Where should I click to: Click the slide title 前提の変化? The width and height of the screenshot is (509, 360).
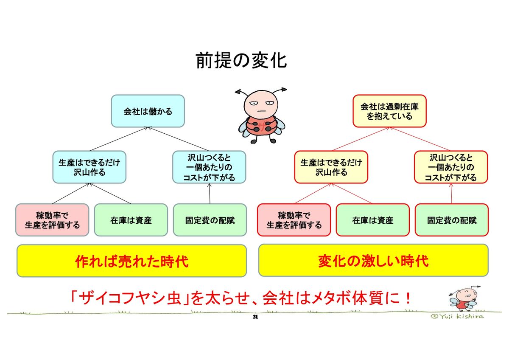[x=241, y=61]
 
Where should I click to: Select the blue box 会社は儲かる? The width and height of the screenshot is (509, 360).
[x=148, y=111]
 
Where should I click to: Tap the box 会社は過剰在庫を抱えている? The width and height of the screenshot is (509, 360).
[x=389, y=111]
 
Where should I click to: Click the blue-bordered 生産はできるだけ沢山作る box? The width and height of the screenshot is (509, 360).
[x=89, y=167]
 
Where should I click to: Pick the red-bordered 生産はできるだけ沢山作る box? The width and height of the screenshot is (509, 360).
[x=331, y=167]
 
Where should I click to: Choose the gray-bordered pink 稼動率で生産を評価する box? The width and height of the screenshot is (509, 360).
[x=52, y=220]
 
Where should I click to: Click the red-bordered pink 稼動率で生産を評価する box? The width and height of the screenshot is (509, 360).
[x=294, y=220]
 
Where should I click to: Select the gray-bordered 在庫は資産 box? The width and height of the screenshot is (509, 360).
[x=131, y=220]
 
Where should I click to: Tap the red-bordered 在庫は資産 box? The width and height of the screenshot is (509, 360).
[x=372, y=220]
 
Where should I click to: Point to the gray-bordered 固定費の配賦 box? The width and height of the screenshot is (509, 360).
[x=210, y=220]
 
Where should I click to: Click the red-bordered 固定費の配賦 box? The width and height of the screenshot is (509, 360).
[x=451, y=220]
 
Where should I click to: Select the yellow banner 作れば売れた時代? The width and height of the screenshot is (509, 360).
[x=131, y=261]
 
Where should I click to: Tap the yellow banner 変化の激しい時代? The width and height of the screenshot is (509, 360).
[x=373, y=261]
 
